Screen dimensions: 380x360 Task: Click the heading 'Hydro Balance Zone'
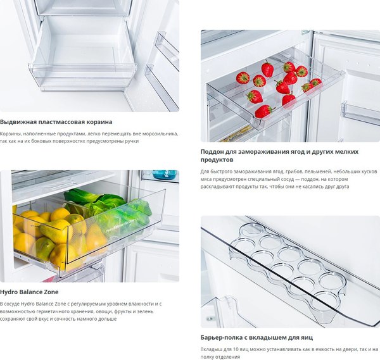[x=29, y=292]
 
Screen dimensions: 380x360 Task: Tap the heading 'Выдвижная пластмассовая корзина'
[x=56, y=122]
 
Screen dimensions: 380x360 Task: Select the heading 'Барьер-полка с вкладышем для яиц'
[x=256, y=337]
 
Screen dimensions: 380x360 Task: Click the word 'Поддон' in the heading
[x=212, y=152]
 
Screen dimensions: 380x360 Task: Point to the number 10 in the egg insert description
[x=229, y=349]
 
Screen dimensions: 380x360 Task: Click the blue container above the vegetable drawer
[x=165, y=175]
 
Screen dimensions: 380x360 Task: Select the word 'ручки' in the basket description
[x=132, y=141]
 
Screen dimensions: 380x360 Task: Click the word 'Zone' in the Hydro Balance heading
[x=51, y=292]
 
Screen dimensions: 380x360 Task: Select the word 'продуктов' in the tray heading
[x=217, y=160]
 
